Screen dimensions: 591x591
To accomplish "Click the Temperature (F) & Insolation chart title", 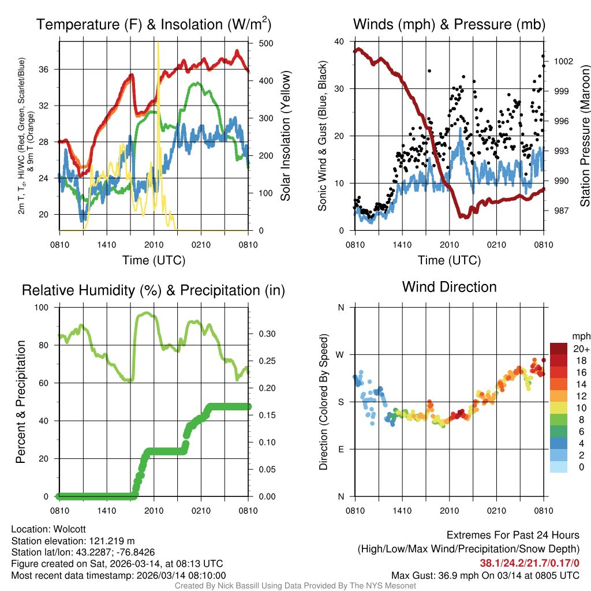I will pos(154,24).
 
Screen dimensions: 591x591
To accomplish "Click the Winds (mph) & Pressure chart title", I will pos(449,24).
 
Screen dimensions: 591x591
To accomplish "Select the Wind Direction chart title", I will pos(449,287).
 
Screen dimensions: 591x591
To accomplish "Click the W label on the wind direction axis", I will pos(341,354).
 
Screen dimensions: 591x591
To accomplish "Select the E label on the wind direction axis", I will pos(341,449).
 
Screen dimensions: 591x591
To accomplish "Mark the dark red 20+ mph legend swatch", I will pos(559,349).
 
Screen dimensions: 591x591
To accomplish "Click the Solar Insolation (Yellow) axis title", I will pos(286,136).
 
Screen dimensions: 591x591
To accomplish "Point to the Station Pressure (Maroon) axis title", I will pos(584,136).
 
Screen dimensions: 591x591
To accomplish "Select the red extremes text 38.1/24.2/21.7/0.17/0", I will pos(529,563).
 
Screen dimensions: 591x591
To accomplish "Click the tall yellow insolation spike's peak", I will pos(158,43).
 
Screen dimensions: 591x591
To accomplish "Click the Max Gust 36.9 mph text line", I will pos(485,575).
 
